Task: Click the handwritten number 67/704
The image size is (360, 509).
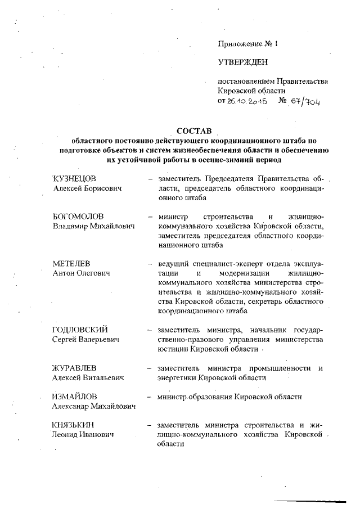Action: [x=303, y=101]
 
